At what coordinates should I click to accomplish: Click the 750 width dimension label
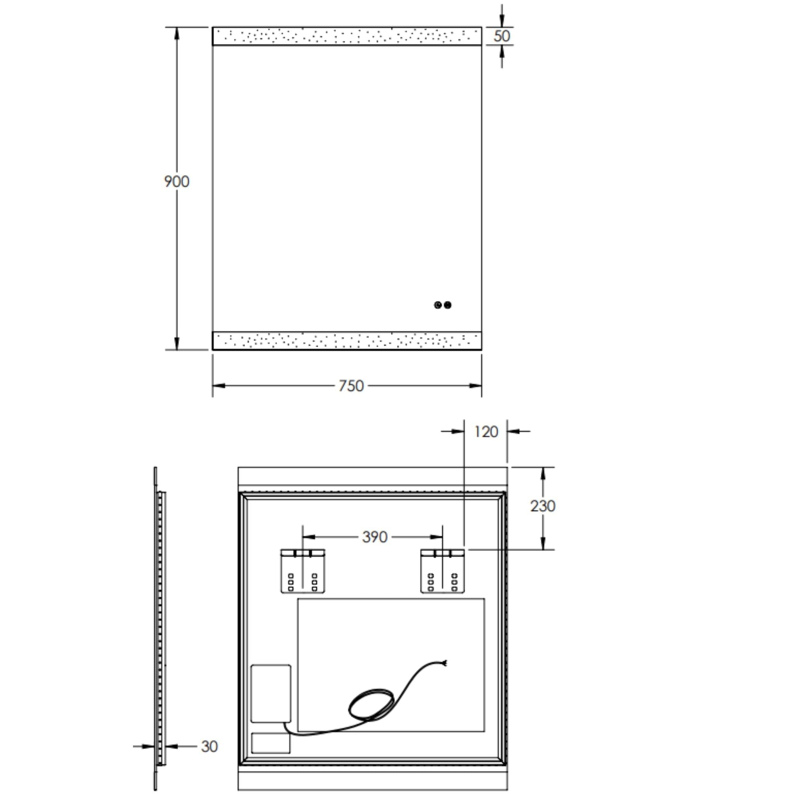tap(351, 386)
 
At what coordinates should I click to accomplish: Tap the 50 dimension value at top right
tap(501, 36)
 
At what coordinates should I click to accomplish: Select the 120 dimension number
tap(486, 432)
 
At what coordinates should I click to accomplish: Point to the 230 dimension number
tap(542, 506)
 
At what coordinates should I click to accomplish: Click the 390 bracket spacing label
tap(375, 537)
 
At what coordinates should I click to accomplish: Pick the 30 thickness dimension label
tap(209, 747)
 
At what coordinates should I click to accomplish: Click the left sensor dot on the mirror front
tap(438, 305)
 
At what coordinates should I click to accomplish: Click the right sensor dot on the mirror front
tap(447, 305)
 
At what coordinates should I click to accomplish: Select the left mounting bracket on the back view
tap(303, 571)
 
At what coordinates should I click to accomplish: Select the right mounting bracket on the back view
tap(443, 571)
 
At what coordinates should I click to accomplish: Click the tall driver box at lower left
tap(271, 693)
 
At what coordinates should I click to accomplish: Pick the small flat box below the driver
tap(271, 743)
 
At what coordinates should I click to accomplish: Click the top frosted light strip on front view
tap(347, 36)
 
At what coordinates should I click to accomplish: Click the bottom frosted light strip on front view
tap(347, 341)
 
